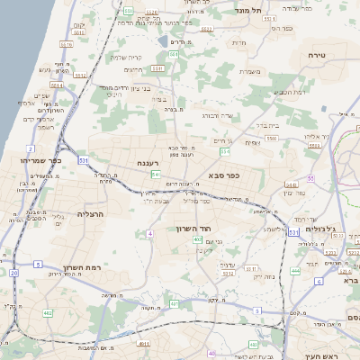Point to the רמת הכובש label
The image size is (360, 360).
289,92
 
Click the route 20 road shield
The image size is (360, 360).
13,272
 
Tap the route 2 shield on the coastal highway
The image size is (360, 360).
31,148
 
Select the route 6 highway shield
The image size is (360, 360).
319,281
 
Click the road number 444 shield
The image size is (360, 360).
295,270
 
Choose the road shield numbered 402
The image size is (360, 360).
197,240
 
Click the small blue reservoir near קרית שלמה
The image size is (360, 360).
161,40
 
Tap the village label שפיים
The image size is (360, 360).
40,95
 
